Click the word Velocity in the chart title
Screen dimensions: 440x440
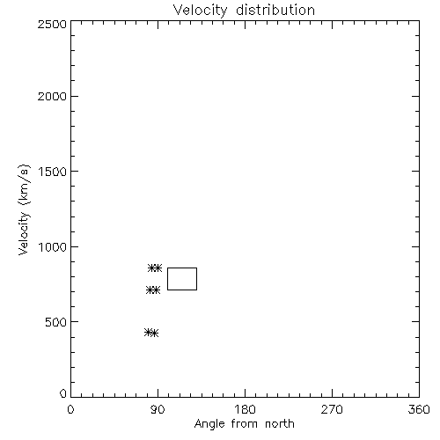point(201,11)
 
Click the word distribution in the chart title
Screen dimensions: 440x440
point(275,10)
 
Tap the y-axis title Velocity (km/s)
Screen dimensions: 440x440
point(24,209)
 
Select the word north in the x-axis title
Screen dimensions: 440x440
point(280,424)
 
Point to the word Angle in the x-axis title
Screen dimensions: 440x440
point(209,424)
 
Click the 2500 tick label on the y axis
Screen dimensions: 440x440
point(52,24)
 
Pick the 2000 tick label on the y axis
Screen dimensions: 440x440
point(52,96)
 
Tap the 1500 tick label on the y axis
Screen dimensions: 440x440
point(53,172)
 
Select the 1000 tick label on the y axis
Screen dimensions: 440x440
point(53,247)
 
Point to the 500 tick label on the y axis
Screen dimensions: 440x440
point(56,322)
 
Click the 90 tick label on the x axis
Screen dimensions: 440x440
point(158,409)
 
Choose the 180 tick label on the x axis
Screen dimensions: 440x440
point(245,409)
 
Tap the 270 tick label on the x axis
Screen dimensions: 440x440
point(332,409)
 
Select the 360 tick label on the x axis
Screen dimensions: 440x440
point(419,409)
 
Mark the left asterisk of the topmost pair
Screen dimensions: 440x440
point(151,268)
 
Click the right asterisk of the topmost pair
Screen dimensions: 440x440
point(158,268)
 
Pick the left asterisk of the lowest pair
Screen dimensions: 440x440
point(149,332)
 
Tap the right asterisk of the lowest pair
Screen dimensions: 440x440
point(155,334)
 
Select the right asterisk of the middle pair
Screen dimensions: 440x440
point(156,290)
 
